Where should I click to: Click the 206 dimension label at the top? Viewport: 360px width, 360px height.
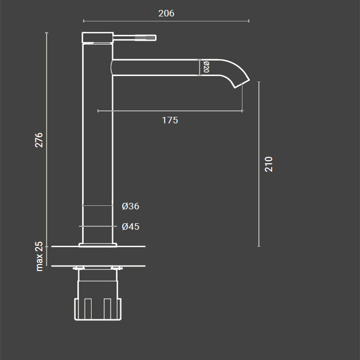tap(166, 13)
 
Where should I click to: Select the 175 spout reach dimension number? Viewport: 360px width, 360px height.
tap(170, 120)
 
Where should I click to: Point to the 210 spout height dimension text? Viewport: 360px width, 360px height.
tap(269, 164)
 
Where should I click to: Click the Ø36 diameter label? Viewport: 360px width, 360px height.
tap(130, 206)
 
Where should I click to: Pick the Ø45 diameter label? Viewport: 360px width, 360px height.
tap(130, 227)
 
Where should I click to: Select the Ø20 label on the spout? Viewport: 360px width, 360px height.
tap(206, 67)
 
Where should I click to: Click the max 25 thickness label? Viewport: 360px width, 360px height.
tap(40, 256)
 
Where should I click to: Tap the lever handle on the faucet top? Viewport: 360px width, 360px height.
tap(135, 37)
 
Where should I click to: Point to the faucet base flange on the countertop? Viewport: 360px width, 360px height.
tap(97, 245)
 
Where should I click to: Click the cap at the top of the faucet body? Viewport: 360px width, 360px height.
tap(97, 38)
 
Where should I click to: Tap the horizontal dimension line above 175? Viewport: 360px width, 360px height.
tap(170, 111)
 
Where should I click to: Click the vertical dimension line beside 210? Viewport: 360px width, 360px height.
tap(259, 164)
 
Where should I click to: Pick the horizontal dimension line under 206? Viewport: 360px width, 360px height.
tap(166, 21)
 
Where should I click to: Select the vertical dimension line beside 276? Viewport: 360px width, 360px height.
tap(47, 140)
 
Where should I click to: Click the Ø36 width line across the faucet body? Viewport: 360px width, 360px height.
tap(97, 205)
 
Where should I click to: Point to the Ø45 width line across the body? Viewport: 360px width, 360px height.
tap(97, 226)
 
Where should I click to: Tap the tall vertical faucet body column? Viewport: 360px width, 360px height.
tap(97, 149)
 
